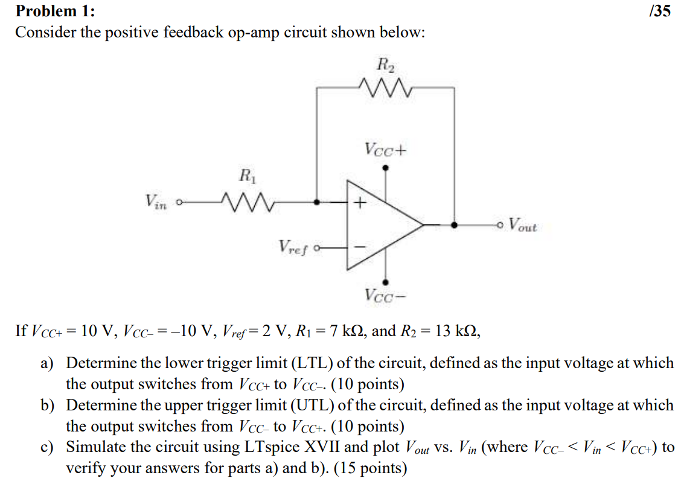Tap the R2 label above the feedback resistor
point(385,64)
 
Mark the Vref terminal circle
point(317,247)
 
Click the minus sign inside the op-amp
point(360,247)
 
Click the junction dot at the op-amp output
point(454,224)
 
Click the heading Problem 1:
point(54,11)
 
